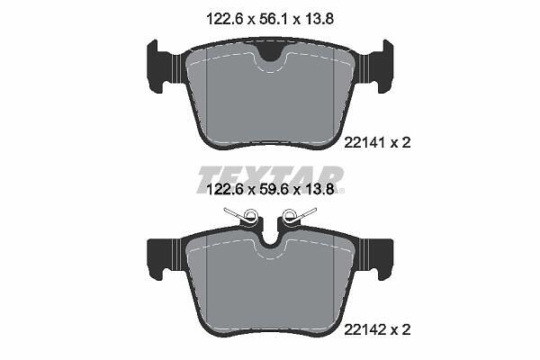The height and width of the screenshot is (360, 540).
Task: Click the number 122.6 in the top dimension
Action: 224,19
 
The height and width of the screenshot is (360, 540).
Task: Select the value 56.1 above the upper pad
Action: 274,19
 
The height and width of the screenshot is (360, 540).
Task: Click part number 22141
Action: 364,142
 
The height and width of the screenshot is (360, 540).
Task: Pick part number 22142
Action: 364,330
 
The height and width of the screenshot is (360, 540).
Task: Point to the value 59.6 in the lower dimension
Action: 274,189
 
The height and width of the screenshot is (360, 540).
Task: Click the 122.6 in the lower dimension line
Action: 224,189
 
